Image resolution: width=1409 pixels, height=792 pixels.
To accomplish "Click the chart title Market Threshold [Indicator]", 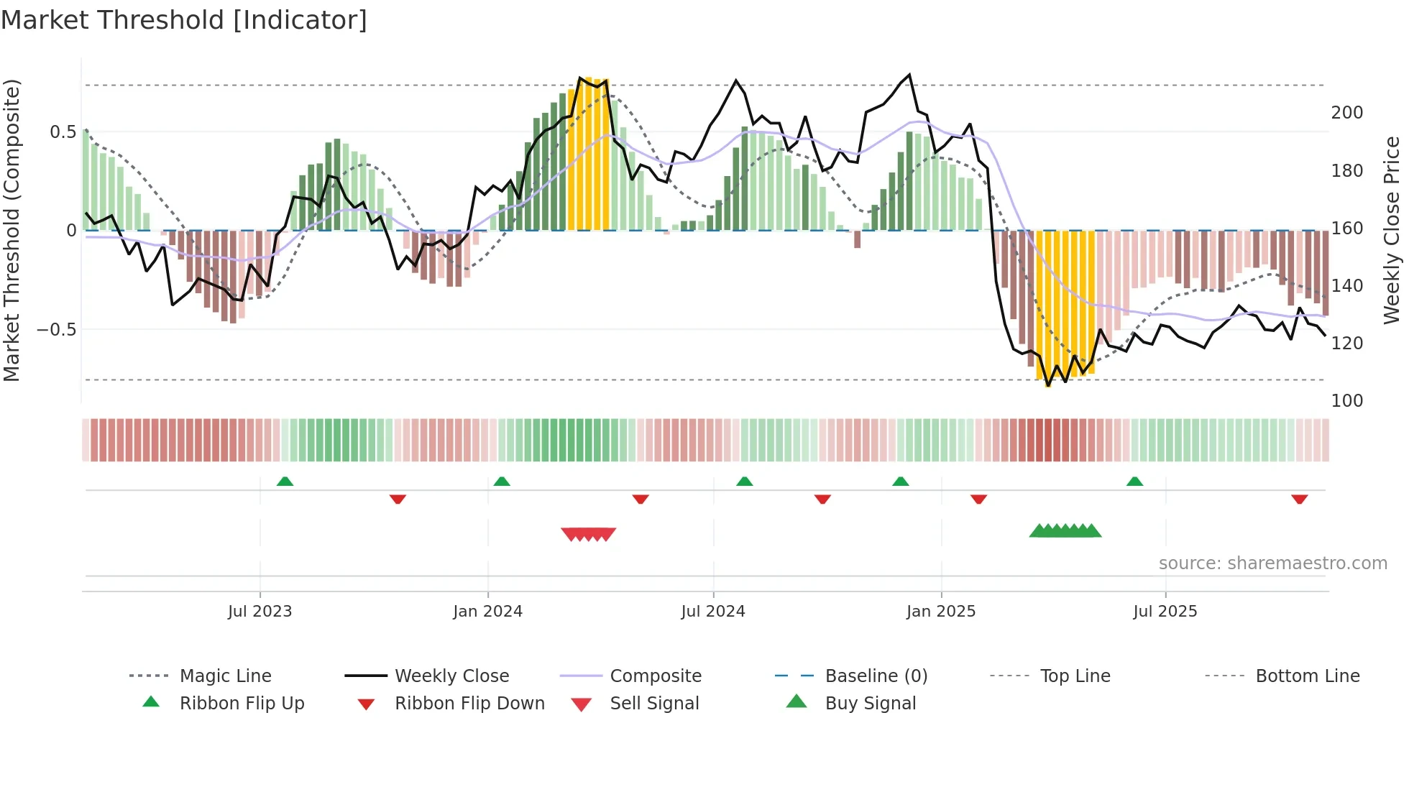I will point(184,20).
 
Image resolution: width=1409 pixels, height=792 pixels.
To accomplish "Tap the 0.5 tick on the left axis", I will point(63,132).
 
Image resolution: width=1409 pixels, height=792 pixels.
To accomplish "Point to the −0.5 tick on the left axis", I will point(56,330).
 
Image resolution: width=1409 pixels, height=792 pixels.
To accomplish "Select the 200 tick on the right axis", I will point(1346,113).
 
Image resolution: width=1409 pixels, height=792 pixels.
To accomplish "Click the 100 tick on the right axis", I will point(1346,401).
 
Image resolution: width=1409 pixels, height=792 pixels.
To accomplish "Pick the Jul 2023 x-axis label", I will point(260,612).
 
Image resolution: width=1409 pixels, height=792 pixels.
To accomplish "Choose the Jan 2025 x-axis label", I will point(940,612).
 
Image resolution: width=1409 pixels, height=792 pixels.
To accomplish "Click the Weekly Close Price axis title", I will point(1392,230).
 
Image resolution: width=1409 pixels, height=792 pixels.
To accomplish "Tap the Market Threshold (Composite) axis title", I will point(12,230).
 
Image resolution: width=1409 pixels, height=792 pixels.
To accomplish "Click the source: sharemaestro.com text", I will point(1272,563).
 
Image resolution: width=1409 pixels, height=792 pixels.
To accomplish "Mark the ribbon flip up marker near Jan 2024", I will point(502,482).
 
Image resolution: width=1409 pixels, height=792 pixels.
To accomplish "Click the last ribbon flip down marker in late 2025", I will point(1299,499).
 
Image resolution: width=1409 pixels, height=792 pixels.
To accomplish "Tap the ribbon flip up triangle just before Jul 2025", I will point(1134,482).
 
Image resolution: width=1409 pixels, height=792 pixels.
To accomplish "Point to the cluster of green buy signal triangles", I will point(1065,531).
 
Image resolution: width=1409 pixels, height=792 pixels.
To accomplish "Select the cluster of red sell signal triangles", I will point(588,534).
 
